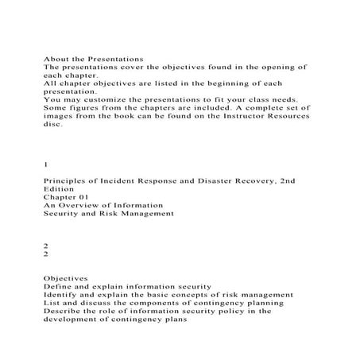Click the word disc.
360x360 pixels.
pos(52,124)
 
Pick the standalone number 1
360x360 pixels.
pos(45,165)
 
